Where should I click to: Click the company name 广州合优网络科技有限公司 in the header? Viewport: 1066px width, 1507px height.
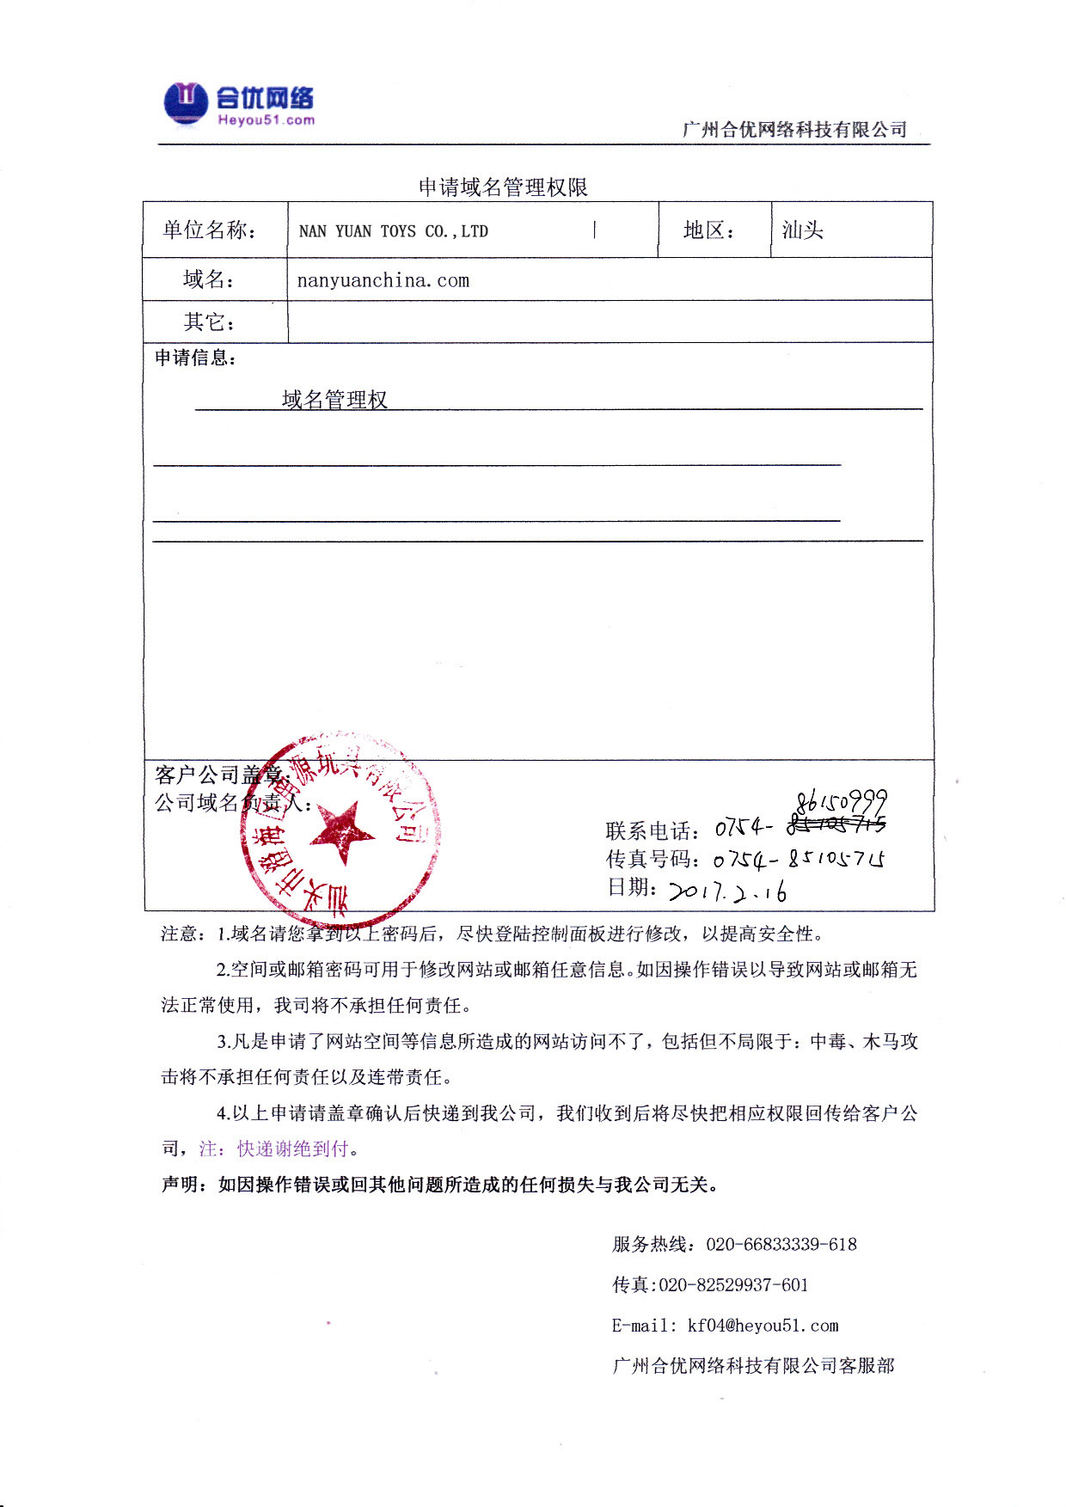tap(794, 129)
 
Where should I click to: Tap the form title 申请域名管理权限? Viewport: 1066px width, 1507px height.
tap(503, 187)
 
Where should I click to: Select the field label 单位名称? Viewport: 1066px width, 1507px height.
tap(210, 230)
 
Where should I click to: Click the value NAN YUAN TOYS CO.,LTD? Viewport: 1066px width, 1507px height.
tap(393, 231)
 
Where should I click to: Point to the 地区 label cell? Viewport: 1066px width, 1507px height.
tap(709, 230)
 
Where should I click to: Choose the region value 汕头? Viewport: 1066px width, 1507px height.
tap(803, 230)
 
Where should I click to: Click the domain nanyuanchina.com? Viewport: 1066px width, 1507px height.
tap(383, 280)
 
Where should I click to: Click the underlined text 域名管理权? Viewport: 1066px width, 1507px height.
tap(334, 399)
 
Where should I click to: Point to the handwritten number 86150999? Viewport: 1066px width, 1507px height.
tap(841, 803)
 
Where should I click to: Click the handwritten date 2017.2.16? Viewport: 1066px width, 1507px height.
tap(727, 891)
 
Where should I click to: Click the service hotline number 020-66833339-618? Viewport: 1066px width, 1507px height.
tap(781, 1244)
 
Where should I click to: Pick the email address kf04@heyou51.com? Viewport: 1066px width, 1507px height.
tap(763, 1326)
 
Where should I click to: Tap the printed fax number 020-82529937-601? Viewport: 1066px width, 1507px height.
tap(733, 1284)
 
